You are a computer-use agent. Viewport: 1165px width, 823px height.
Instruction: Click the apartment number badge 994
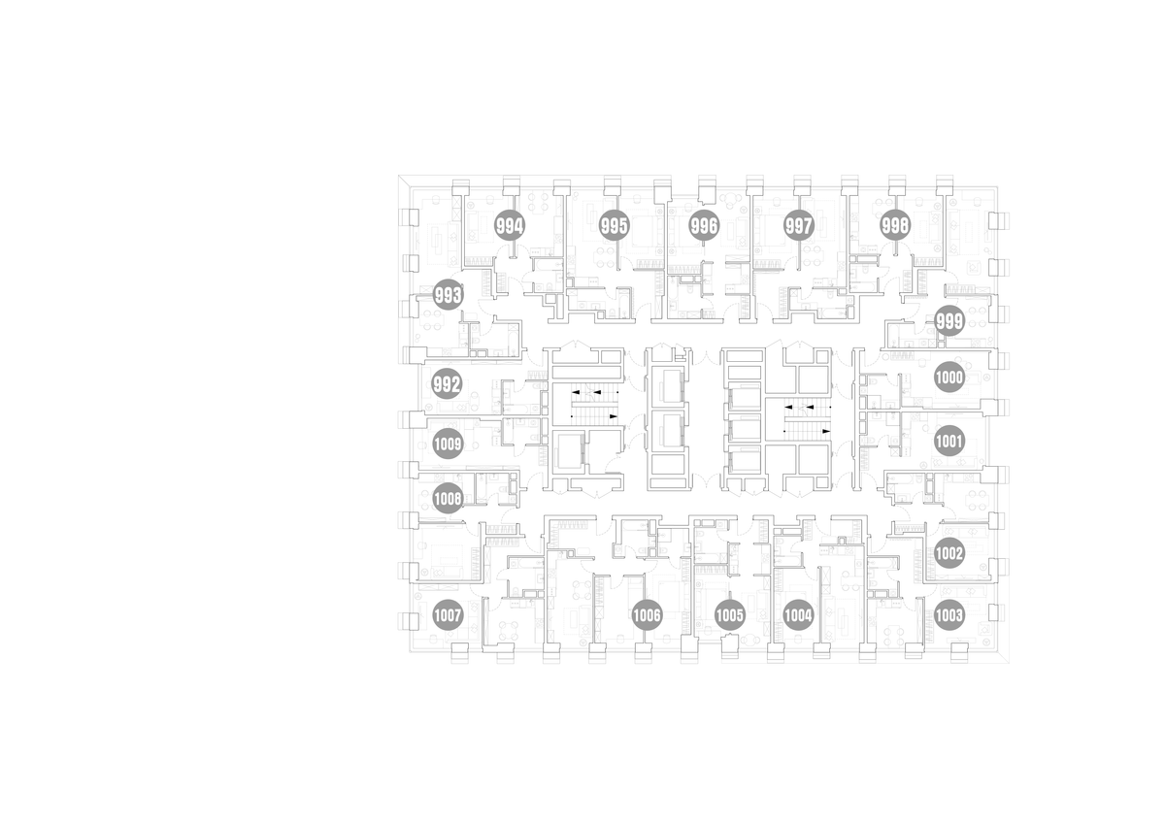click(x=510, y=225)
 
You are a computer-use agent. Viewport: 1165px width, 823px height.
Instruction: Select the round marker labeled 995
click(x=615, y=225)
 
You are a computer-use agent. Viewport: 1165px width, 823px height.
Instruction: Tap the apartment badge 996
click(x=704, y=225)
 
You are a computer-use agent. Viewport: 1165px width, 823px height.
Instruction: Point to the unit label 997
click(x=799, y=225)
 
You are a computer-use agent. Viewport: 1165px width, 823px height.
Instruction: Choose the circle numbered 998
click(x=895, y=225)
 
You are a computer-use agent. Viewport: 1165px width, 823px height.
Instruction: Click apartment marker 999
click(x=949, y=321)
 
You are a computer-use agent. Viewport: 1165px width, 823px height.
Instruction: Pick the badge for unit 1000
click(x=949, y=377)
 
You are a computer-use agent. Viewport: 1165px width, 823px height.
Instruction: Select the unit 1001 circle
click(x=949, y=442)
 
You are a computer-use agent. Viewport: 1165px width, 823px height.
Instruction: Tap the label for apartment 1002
click(x=949, y=553)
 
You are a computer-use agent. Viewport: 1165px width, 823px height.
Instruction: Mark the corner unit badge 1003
click(x=949, y=615)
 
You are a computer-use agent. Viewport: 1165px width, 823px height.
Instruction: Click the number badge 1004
click(x=798, y=615)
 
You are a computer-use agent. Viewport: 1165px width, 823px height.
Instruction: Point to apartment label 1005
click(x=730, y=615)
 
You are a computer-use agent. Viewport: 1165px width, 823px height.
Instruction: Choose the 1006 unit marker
click(x=647, y=615)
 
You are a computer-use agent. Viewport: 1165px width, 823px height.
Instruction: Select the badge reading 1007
click(x=448, y=615)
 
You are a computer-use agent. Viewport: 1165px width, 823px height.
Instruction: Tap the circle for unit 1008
click(x=448, y=499)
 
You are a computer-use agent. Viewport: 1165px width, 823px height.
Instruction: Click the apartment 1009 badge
click(x=448, y=444)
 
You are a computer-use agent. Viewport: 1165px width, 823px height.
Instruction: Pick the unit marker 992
click(x=448, y=384)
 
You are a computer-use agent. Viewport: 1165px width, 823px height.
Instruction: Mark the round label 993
click(x=448, y=295)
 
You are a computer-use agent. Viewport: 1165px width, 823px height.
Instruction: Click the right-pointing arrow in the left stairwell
click(x=614, y=416)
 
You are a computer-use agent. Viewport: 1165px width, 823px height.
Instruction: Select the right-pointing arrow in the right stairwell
click(x=826, y=431)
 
